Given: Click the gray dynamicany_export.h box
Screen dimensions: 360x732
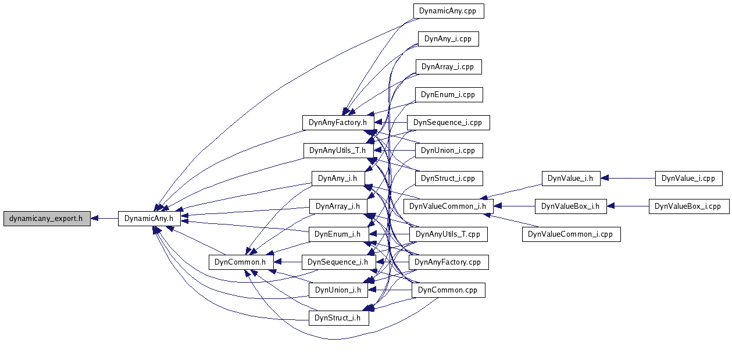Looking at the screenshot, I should (47, 219).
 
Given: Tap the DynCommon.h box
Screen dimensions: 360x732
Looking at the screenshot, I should (240, 262).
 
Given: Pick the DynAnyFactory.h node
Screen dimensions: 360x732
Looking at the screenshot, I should (338, 122).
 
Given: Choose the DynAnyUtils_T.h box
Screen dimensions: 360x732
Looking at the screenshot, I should (337, 150).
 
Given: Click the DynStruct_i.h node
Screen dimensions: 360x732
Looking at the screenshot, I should (337, 318).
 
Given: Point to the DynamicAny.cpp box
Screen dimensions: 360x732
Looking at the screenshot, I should (448, 10).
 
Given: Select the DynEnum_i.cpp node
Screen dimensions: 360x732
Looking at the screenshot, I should (448, 94).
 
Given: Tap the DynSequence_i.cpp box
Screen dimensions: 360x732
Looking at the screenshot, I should (448, 122).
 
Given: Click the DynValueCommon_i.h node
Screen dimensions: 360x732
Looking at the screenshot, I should (448, 206).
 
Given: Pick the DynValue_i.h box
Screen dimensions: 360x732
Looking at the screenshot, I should (570, 178).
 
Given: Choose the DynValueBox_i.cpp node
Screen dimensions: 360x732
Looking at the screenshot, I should (688, 206).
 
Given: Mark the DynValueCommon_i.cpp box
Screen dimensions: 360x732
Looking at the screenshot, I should (571, 234).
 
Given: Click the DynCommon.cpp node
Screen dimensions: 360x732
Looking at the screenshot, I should (448, 290).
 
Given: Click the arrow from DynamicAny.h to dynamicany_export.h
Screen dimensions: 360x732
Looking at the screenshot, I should (105, 219).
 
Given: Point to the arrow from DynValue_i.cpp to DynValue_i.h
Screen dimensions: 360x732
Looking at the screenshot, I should (628, 178).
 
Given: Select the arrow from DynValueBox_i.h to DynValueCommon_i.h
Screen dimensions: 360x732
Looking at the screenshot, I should (514, 206).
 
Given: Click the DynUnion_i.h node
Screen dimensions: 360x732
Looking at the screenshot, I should (337, 290).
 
